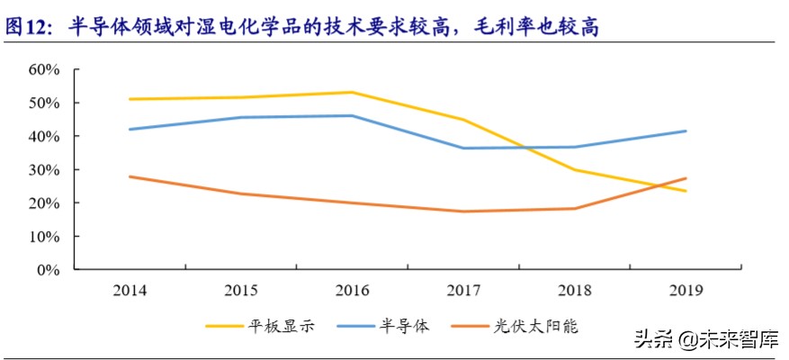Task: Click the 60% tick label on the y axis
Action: [44, 69]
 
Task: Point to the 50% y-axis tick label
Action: [44, 103]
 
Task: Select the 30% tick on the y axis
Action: [44, 169]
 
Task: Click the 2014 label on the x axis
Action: [130, 290]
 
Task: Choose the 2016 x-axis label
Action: [351, 290]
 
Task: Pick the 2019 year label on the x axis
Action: [686, 290]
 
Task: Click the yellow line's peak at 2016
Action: [351, 92]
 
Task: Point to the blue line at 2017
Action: [462, 148]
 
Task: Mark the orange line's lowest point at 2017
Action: [462, 211]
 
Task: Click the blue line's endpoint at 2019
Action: [686, 131]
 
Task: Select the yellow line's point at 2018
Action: [574, 169]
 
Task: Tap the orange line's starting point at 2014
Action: [130, 176]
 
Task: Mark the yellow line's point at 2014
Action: [130, 99]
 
